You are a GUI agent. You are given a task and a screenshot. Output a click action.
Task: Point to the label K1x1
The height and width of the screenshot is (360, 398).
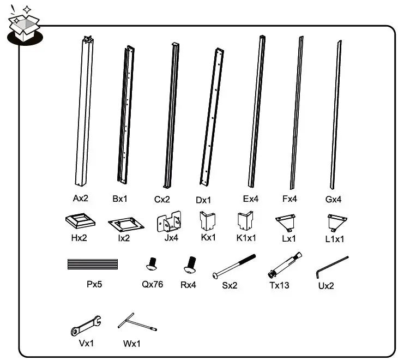click(246, 238)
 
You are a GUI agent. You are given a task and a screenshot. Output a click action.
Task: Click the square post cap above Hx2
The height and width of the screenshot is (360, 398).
click(80, 222)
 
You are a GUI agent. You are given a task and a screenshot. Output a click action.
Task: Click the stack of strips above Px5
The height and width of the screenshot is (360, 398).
click(92, 265)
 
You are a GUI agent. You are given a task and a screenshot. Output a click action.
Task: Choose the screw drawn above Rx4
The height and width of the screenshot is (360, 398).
click(190, 265)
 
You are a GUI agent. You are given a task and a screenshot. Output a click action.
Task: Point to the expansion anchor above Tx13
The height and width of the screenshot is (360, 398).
click(285, 266)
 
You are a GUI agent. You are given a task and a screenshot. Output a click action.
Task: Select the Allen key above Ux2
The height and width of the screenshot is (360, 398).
click(331, 267)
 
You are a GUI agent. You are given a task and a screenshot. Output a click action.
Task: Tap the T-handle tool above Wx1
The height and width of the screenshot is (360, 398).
click(136, 325)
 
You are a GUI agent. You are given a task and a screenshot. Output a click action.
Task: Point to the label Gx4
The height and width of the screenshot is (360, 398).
click(333, 200)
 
